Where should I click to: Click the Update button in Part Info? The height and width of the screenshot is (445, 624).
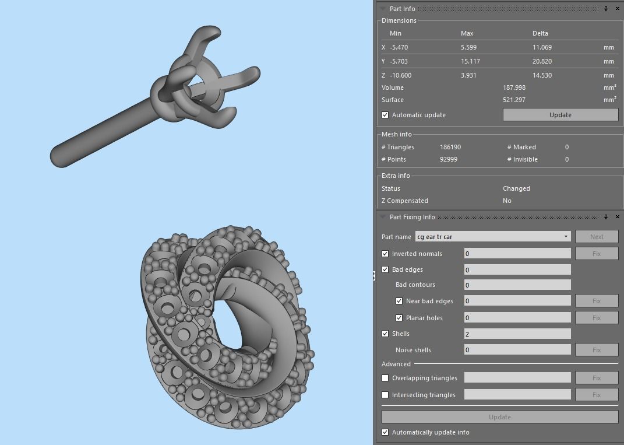[x=560, y=115]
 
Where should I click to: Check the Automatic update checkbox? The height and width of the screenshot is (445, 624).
[x=385, y=115]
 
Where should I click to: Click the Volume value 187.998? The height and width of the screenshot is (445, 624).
[x=514, y=87]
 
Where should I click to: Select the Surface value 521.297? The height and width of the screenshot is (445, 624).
[x=514, y=100]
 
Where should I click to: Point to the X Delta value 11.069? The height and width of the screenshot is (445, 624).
[x=542, y=47]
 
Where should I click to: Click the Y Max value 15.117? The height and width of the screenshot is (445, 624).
[x=470, y=61]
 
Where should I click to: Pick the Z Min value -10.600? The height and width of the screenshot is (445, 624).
[x=401, y=75]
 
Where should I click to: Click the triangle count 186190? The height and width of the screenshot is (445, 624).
[x=450, y=147]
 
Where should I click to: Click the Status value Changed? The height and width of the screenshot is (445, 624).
[x=516, y=188]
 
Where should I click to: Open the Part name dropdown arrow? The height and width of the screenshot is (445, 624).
[x=566, y=237]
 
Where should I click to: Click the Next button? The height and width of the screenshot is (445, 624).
[x=597, y=237]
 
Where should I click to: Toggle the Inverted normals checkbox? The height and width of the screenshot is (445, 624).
[x=385, y=254]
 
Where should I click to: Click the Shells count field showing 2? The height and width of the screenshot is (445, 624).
[x=517, y=334]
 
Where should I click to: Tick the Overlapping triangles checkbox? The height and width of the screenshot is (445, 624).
[x=385, y=378]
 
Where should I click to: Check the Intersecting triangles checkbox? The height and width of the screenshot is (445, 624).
[x=385, y=395]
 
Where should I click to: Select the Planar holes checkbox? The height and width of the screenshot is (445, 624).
[x=399, y=318]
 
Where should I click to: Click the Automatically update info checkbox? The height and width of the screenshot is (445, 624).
[x=385, y=432]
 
